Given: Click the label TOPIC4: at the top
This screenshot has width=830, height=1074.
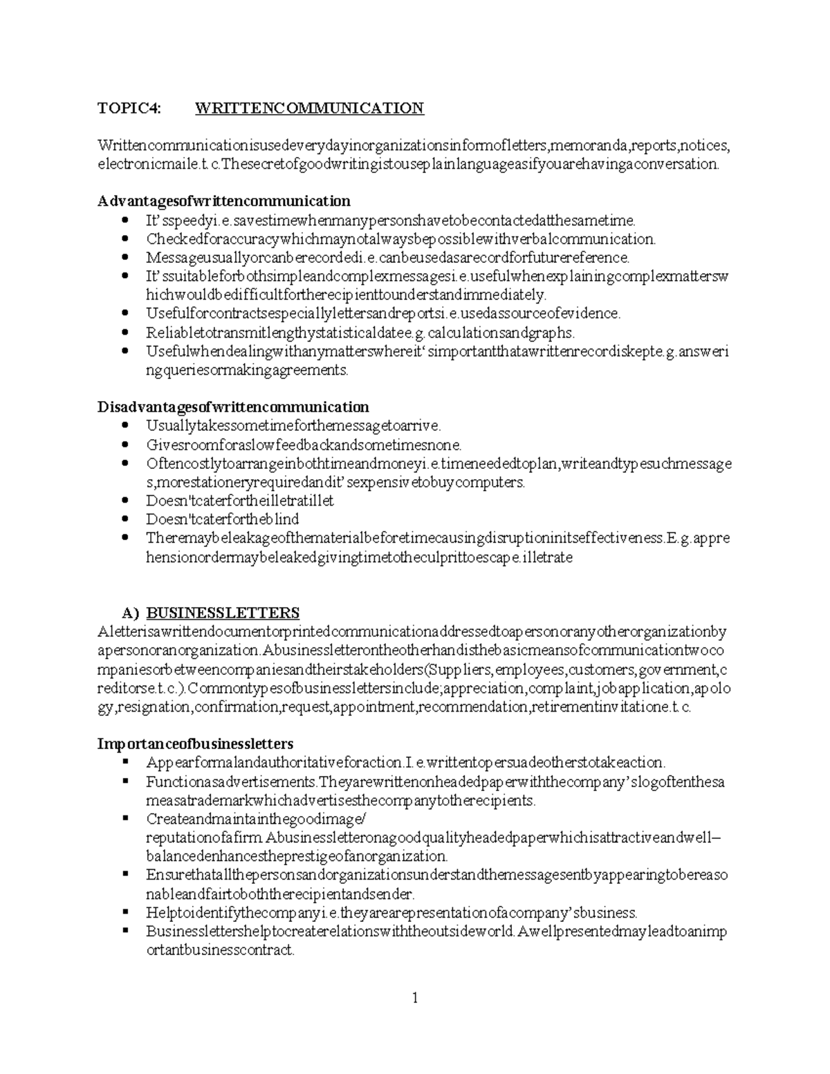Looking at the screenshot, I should click(x=129, y=108).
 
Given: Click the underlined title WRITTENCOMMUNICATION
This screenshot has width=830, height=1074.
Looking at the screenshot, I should click(x=309, y=108).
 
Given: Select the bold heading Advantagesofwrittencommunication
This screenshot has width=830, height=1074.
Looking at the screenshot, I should click(x=223, y=201).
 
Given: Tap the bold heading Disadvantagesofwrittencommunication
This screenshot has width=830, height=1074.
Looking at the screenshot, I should click(x=232, y=407).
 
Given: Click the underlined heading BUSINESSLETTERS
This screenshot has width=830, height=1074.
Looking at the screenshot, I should click(x=223, y=613).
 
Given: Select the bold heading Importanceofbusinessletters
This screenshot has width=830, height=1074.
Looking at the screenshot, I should click(x=195, y=744).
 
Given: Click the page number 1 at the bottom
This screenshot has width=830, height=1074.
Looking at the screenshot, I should click(x=415, y=997).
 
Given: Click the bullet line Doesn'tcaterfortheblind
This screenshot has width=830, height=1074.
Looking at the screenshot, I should click(x=222, y=519).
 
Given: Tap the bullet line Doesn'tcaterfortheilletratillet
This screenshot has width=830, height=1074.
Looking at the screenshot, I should click(x=239, y=501).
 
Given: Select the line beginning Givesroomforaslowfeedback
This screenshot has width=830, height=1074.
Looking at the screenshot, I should click(x=303, y=445).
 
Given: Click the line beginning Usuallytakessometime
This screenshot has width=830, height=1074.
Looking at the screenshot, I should click(x=293, y=426).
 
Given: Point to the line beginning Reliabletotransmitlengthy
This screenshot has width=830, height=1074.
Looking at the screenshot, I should click(x=360, y=333).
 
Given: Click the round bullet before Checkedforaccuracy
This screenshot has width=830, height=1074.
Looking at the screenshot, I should click(x=124, y=239).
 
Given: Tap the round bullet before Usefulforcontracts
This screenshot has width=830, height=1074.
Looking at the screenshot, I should click(x=124, y=313).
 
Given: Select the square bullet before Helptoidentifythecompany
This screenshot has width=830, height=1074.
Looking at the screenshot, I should click(x=125, y=911).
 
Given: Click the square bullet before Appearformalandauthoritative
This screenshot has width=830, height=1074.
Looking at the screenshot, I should click(x=125, y=762).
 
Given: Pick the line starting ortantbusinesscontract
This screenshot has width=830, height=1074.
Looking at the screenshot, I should click(x=220, y=950).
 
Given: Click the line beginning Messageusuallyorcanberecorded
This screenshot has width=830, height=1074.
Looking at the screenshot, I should click(x=387, y=258).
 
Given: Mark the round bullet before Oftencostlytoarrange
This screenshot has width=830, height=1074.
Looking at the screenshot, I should click(x=124, y=463).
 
